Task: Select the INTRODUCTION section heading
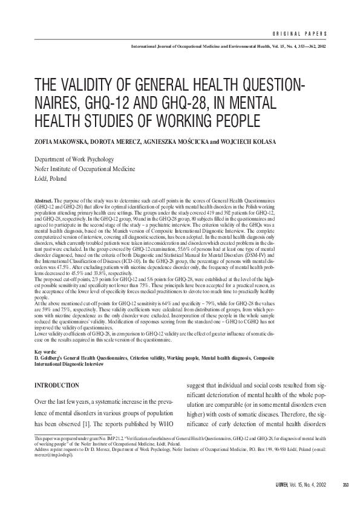pos(57,385)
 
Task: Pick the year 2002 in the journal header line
pos(321,46)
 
